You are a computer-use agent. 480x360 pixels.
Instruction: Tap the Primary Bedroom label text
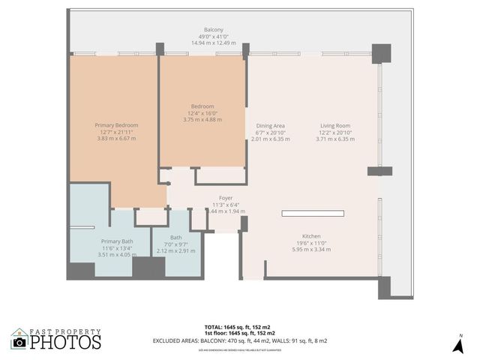(x=116, y=125)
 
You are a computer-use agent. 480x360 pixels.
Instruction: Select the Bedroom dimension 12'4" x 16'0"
(x=202, y=112)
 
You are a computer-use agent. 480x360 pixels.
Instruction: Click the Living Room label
(x=335, y=125)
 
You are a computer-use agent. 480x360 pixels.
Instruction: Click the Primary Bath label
(x=116, y=241)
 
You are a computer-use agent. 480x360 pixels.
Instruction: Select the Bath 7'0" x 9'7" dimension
(x=175, y=244)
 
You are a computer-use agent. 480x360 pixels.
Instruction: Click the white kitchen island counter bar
(x=313, y=214)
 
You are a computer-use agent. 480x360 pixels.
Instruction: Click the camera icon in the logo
(x=19, y=342)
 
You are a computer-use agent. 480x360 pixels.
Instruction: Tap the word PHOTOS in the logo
(x=65, y=342)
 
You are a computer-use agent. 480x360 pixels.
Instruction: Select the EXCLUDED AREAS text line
(x=240, y=340)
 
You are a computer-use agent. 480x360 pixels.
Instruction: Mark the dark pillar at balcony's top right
(x=382, y=53)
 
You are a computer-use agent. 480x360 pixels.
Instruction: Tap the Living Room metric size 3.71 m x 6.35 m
(x=335, y=139)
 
